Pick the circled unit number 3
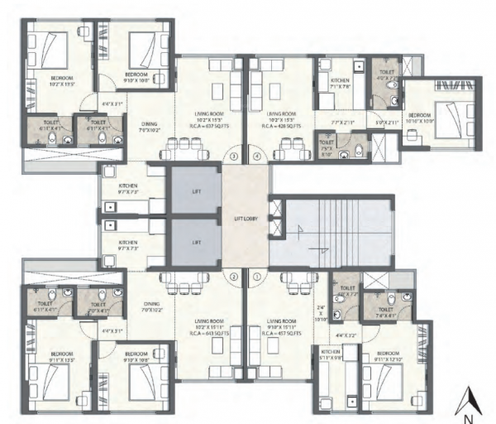[234, 156]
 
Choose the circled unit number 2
[234, 277]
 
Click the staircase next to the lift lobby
[318, 230]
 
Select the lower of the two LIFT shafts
[197, 243]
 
